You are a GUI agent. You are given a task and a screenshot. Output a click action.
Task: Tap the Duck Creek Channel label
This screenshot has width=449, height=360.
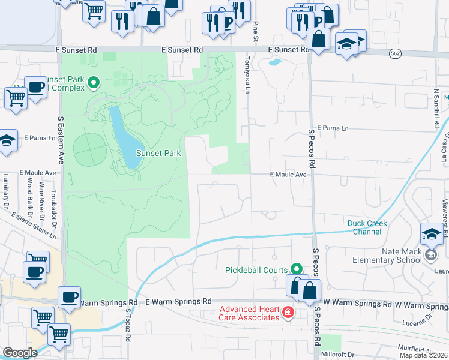pyautogui.click(x=367, y=227)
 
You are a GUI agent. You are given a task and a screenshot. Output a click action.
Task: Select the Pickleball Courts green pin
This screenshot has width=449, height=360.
pyautogui.click(x=295, y=269)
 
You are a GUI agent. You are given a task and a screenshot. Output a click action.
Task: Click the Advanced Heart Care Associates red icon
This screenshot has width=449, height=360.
pyautogui.click(x=288, y=313)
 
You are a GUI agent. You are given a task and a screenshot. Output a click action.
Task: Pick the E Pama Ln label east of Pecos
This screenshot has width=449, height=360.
pyautogui.click(x=333, y=128)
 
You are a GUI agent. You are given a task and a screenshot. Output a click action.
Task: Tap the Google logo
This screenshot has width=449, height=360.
pyautogui.click(x=20, y=353)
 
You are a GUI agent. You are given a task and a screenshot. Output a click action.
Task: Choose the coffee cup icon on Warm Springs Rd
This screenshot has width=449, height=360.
pyautogui.click(x=70, y=297)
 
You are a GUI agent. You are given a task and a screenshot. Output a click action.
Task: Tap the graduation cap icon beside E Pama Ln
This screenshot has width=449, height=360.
pyautogui.click(x=6, y=142)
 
